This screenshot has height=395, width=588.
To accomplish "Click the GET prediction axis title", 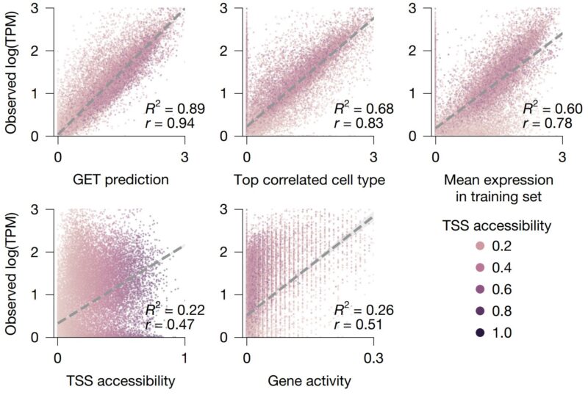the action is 121,181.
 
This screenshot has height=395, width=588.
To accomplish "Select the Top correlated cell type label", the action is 309,181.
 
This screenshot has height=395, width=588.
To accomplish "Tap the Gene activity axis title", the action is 309,382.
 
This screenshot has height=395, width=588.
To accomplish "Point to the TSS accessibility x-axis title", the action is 121,381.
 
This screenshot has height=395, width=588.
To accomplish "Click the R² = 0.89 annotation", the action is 175,109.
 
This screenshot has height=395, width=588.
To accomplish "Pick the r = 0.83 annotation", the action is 359,123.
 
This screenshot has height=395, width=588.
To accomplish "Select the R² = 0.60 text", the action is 553,109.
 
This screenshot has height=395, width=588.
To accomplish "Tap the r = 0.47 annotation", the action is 170,325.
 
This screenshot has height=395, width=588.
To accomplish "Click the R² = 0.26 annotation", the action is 364,310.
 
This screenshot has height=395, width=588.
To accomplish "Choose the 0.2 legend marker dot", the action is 480,246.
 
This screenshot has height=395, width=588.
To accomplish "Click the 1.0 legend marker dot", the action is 480,333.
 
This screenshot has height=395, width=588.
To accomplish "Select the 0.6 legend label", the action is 502,290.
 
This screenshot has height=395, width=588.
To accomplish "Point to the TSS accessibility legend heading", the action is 497,225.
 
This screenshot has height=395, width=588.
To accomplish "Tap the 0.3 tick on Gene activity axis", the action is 373,358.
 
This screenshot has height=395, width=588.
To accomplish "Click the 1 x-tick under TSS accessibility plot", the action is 184,358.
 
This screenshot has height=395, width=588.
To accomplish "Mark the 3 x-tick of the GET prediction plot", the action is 184,157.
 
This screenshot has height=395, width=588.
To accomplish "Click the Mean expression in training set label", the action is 498,188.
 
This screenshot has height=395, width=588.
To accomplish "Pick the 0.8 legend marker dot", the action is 480,311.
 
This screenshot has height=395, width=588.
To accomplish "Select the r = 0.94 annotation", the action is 170,123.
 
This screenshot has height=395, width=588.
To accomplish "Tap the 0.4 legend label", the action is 502,268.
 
